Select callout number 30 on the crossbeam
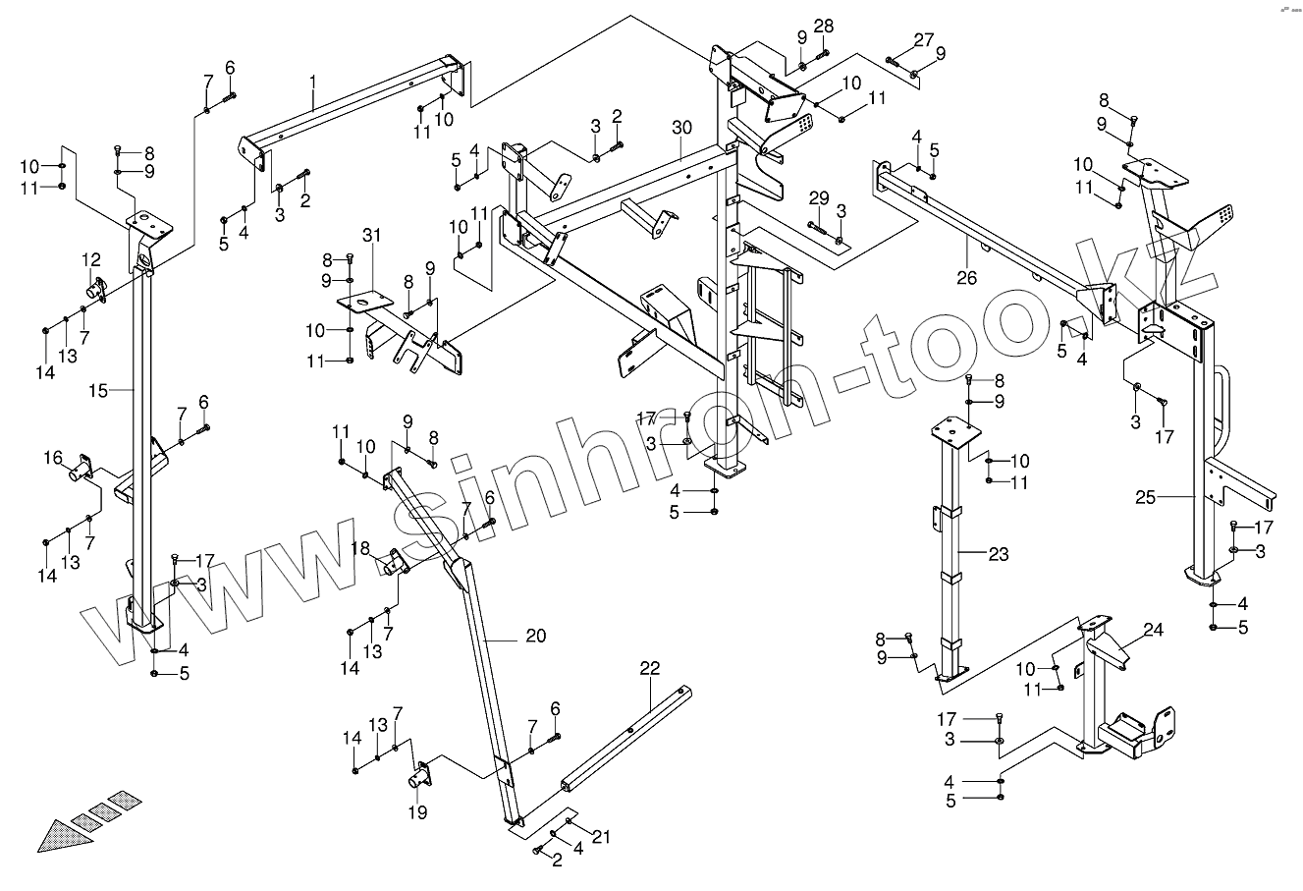click(x=682, y=128)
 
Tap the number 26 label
click(x=966, y=278)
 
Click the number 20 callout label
click(x=535, y=636)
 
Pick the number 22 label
click(x=650, y=668)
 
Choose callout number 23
click(x=998, y=554)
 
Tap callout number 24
click(x=1153, y=630)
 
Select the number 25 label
click(x=1145, y=498)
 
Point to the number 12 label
click(x=91, y=259)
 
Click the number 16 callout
click(x=53, y=458)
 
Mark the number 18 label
click(x=360, y=548)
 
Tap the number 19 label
click(x=417, y=812)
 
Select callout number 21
click(x=602, y=836)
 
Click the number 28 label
click(x=823, y=26)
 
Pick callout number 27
click(x=923, y=39)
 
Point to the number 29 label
click(x=819, y=199)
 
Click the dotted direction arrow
click(x=83, y=820)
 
